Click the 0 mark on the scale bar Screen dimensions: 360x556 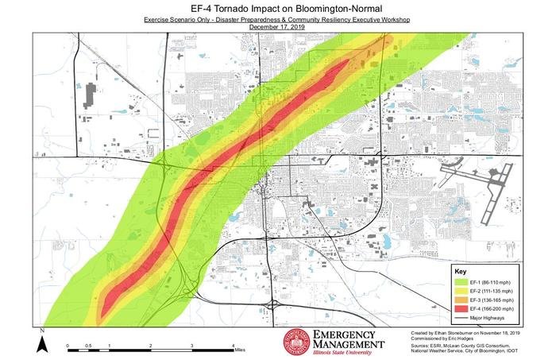click(68, 346)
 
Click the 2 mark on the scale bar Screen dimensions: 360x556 click(150, 346)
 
